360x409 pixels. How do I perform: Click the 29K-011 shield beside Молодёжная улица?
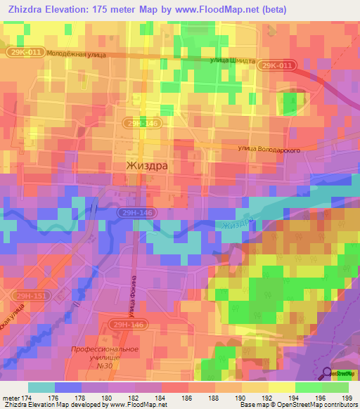[27, 53]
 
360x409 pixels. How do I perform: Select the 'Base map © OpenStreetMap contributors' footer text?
[299, 405]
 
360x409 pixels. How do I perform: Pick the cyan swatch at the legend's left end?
[41, 387]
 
